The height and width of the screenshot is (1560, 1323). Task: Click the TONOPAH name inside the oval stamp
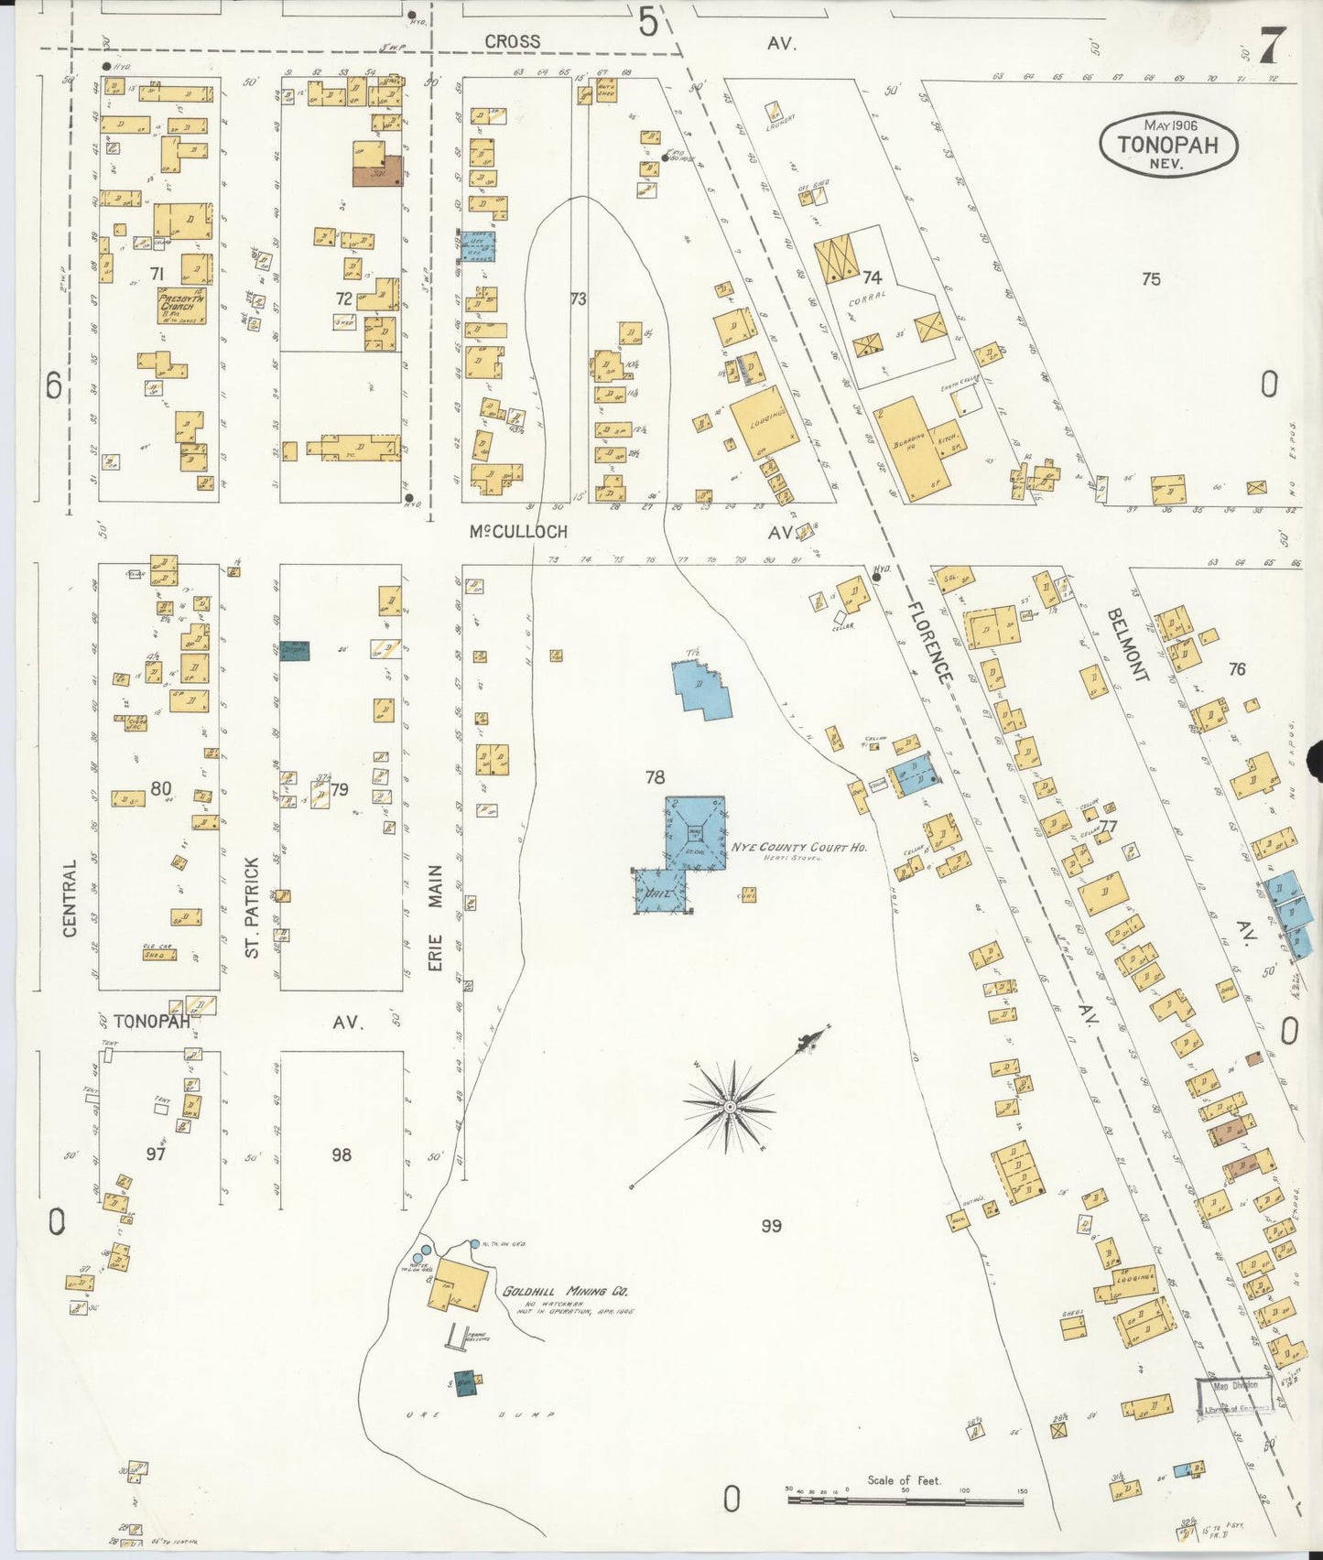click(x=1168, y=145)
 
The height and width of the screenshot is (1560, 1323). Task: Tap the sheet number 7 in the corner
click(x=1272, y=46)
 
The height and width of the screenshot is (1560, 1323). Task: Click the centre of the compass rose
click(x=730, y=1108)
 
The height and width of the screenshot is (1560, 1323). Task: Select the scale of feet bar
click(x=905, y=1500)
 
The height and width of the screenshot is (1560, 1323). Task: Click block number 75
click(x=1151, y=278)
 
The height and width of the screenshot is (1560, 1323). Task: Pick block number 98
click(x=342, y=1154)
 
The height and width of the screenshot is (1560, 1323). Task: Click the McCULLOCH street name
click(x=518, y=531)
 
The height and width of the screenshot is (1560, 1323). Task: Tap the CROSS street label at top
click(x=512, y=41)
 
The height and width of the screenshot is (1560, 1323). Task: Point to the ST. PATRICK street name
click(x=253, y=907)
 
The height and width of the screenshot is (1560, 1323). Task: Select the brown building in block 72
click(x=377, y=170)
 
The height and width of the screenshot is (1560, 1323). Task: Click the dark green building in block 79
click(x=295, y=650)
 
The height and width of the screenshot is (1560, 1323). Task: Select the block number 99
click(x=771, y=1225)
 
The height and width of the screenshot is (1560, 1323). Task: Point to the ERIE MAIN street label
click(x=436, y=918)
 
